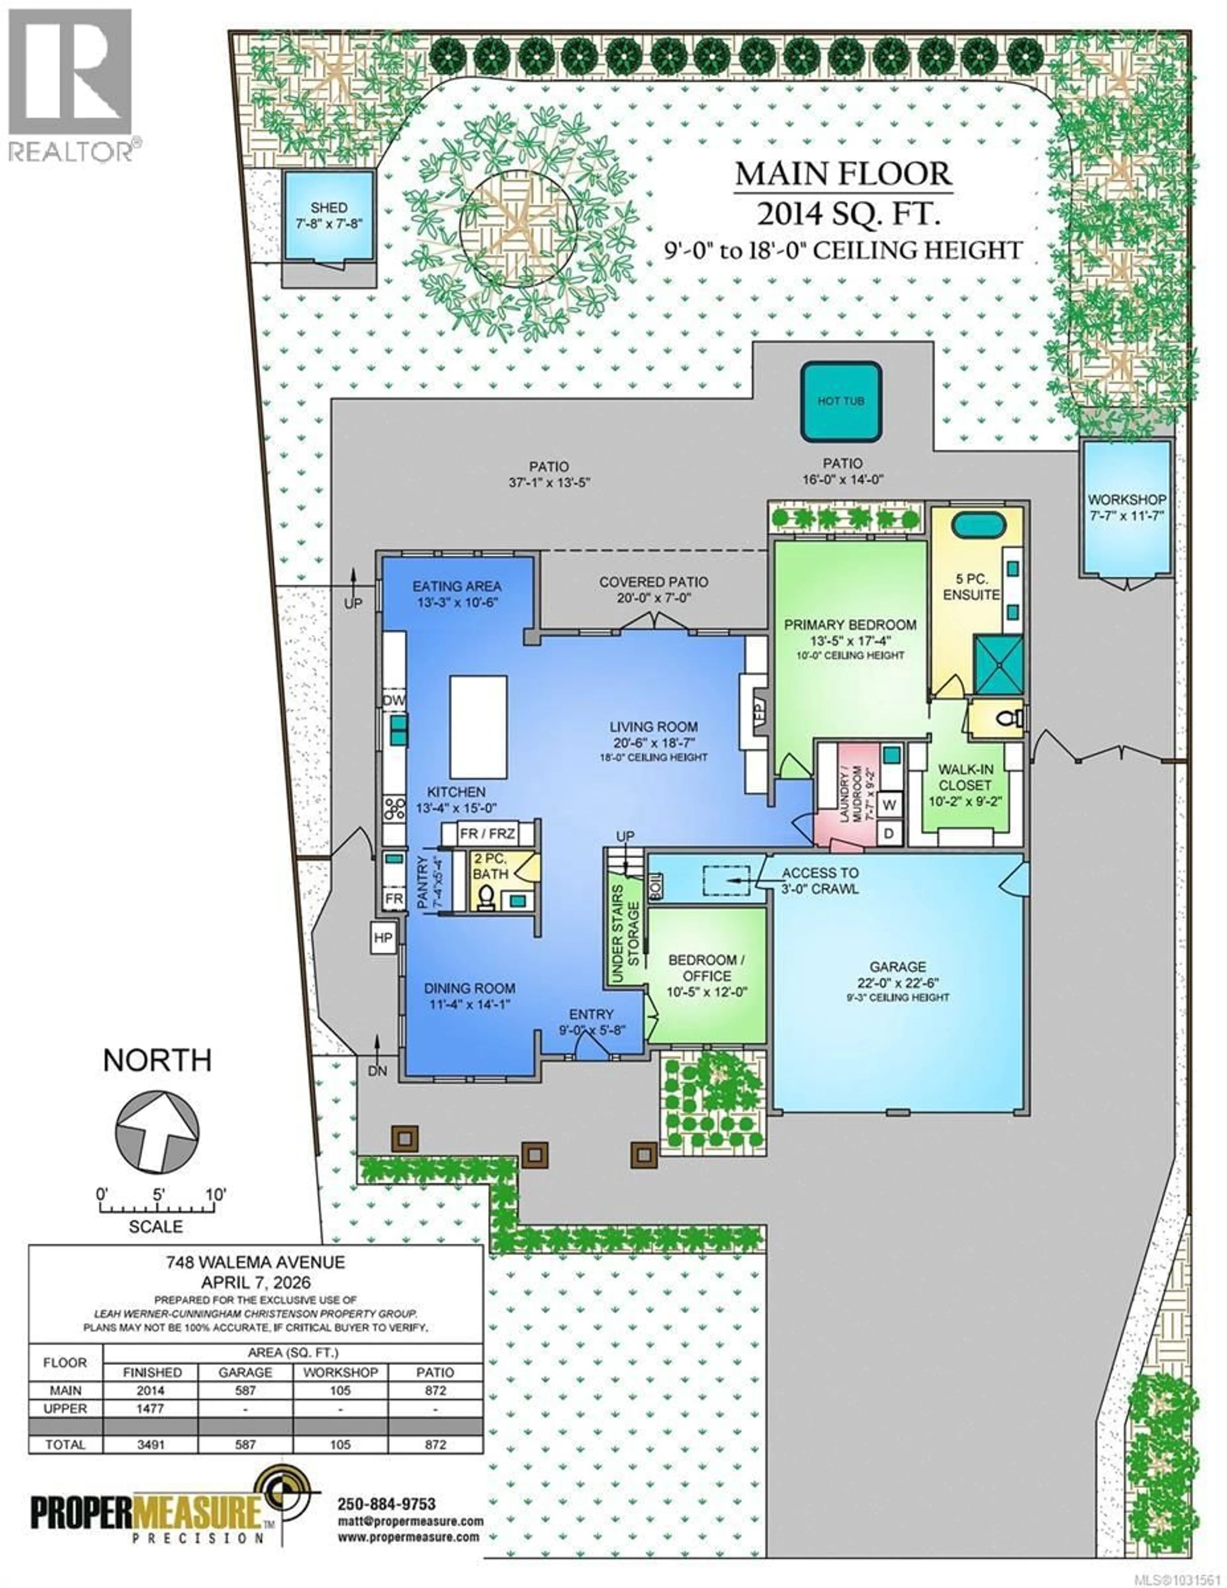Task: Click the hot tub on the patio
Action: [x=841, y=401]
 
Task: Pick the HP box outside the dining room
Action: [x=383, y=937]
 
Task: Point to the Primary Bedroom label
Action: [x=850, y=625]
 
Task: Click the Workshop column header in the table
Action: [x=340, y=1372]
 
